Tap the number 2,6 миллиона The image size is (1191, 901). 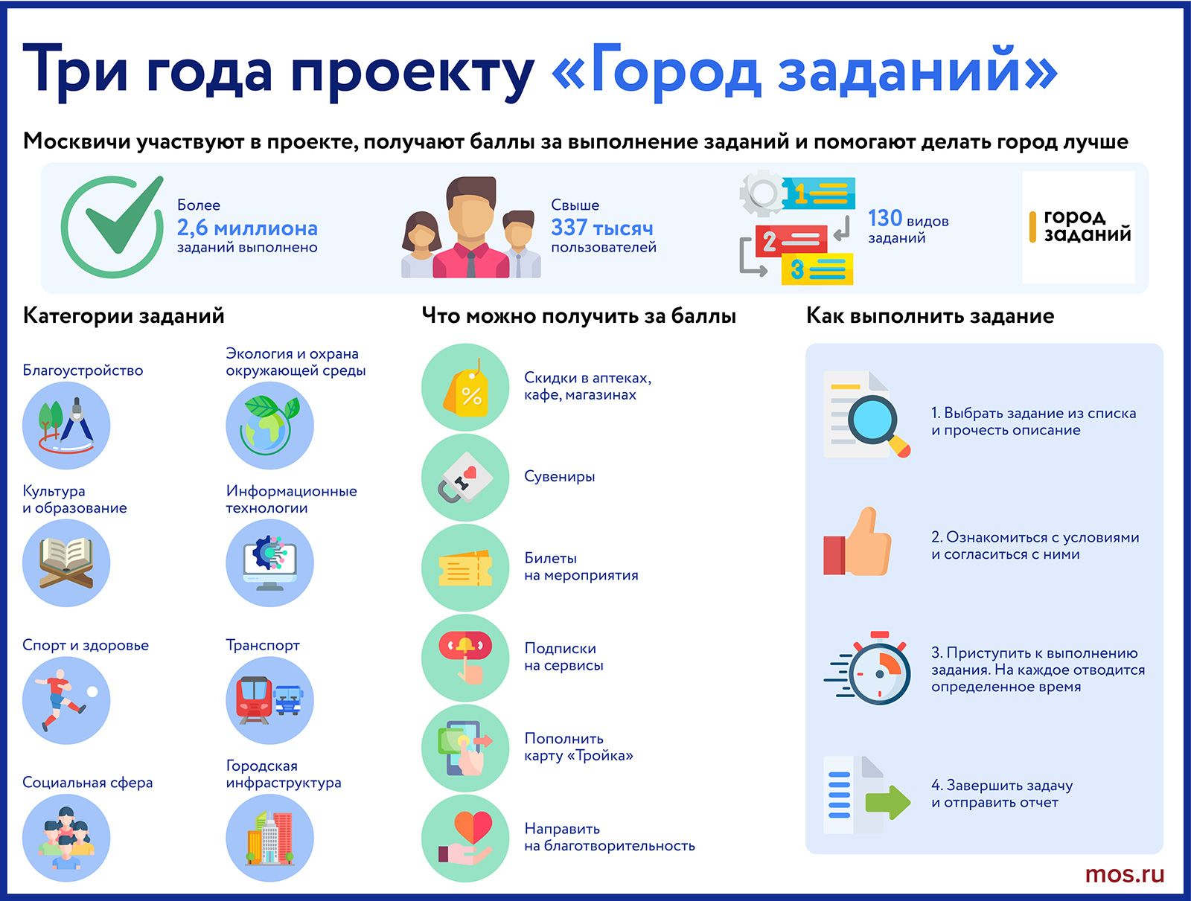[x=247, y=228]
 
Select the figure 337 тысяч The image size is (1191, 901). [x=601, y=228]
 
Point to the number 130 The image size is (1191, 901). [x=884, y=218]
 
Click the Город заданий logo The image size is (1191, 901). [x=1079, y=227]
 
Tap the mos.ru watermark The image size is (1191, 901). [x=1124, y=874]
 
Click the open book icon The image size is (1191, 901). [x=66, y=562]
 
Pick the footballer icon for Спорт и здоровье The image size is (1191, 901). [x=65, y=699]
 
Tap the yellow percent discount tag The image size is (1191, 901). [x=466, y=391]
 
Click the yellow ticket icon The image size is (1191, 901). [x=465, y=568]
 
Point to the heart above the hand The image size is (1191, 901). [x=473, y=827]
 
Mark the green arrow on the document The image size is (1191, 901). [x=888, y=802]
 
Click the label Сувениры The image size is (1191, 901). [x=560, y=476]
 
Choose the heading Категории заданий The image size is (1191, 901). [x=124, y=315]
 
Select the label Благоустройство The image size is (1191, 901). [x=83, y=371]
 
